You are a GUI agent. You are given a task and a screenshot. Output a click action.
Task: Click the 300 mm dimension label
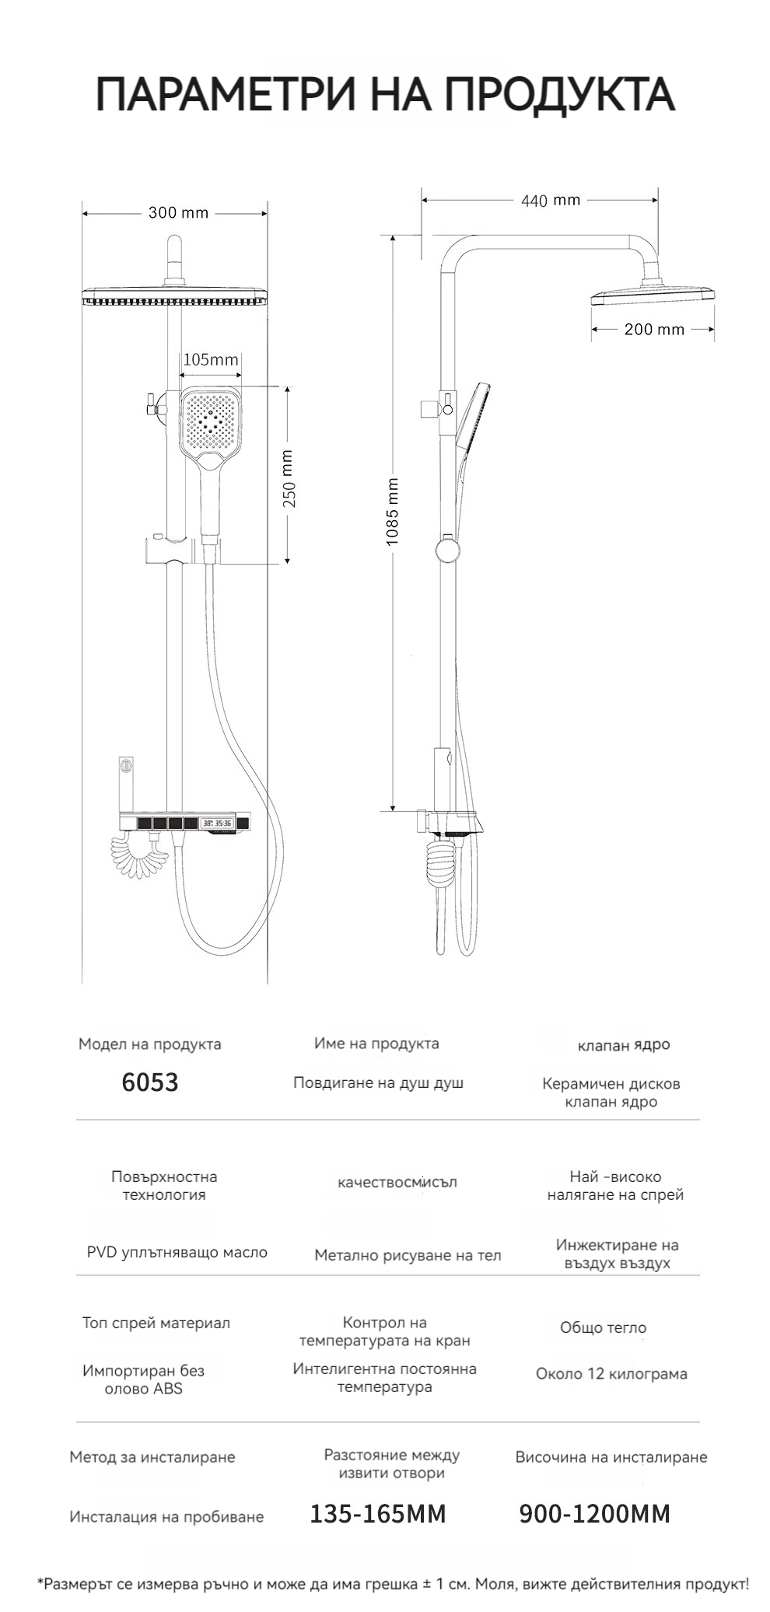[178, 213]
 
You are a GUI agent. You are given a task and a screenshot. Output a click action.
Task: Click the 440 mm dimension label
[551, 201]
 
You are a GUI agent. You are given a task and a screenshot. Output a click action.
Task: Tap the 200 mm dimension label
[654, 330]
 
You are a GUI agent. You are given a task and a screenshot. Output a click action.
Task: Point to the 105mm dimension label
[210, 359]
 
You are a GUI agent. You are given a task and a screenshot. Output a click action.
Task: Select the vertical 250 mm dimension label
[289, 479]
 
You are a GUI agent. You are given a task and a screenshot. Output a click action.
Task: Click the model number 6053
[150, 1082]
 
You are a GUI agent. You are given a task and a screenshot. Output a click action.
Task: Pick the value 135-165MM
[378, 1514]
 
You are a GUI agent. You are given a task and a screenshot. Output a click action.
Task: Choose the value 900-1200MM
[594, 1514]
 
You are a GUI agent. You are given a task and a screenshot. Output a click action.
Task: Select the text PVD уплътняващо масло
[177, 1252]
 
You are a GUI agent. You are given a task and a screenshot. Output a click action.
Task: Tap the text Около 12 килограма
[611, 1373]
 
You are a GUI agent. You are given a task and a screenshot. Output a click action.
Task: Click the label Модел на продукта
[149, 1044]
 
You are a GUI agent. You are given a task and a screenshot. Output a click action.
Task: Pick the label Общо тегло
[603, 1327]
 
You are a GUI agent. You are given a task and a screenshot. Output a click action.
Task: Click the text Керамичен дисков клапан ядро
[611, 1093]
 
